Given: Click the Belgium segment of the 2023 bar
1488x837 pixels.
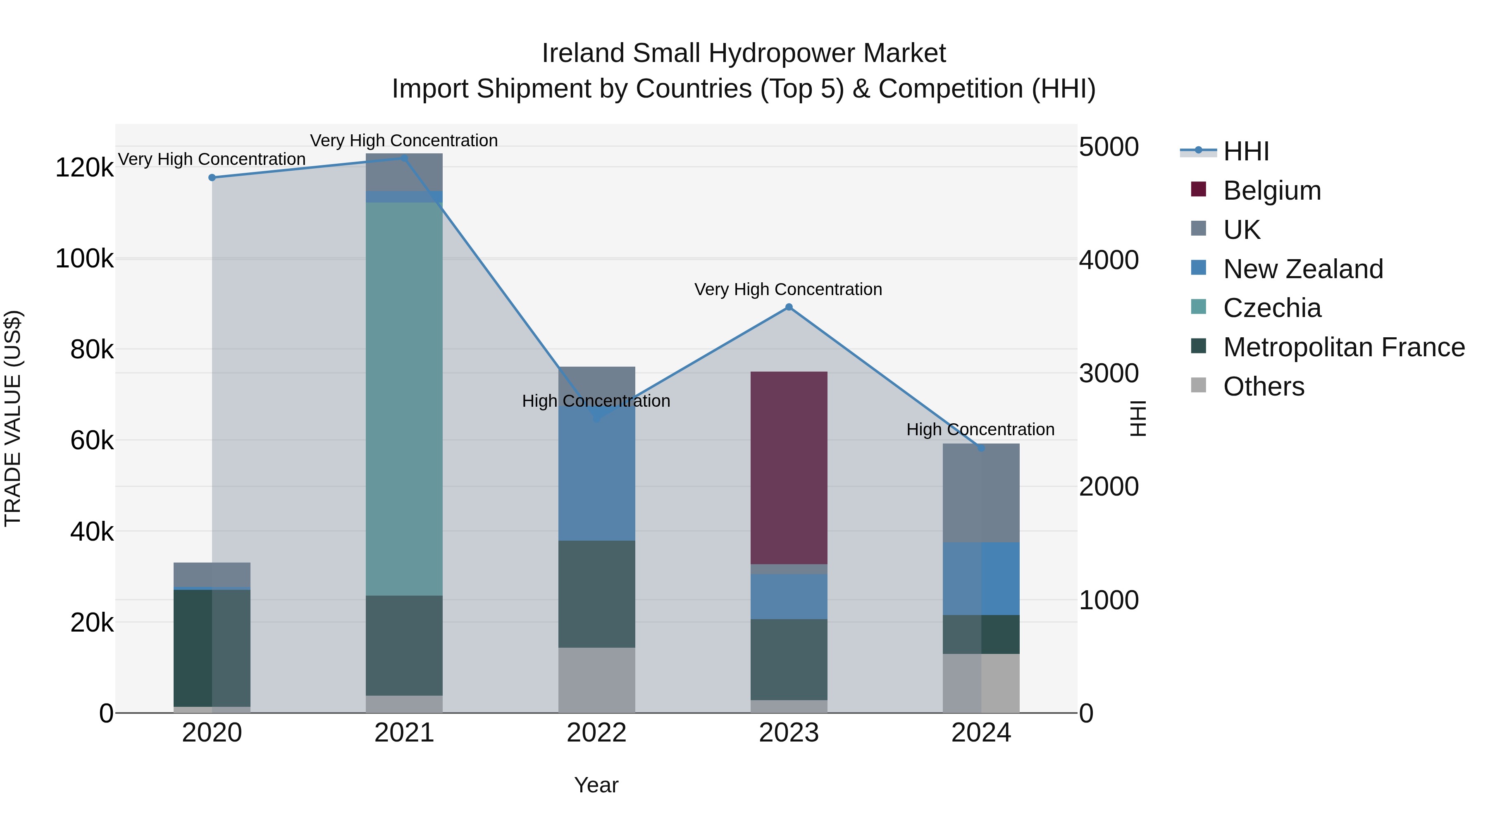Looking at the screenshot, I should click(x=789, y=468).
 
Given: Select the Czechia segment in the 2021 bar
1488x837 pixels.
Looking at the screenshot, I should click(x=404, y=398).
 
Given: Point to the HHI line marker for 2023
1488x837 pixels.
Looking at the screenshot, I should click(x=789, y=307).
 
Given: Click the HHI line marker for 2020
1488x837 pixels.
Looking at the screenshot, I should click(x=212, y=177).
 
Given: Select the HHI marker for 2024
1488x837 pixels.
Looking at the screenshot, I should click(x=981, y=448).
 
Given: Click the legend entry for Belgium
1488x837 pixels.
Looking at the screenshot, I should click(x=1272, y=191).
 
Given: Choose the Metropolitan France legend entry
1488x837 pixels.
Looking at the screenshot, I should click(x=1344, y=347).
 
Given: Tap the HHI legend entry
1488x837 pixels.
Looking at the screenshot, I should click(x=1246, y=151).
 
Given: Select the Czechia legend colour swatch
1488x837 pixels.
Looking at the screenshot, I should click(x=1199, y=307).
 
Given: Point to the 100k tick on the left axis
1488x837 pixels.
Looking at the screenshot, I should click(x=84, y=259).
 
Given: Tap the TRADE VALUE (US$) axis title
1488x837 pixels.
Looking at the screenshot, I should click(x=13, y=418).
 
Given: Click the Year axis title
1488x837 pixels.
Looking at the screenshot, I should click(x=596, y=785).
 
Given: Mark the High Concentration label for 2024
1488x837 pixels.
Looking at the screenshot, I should click(x=980, y=430).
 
